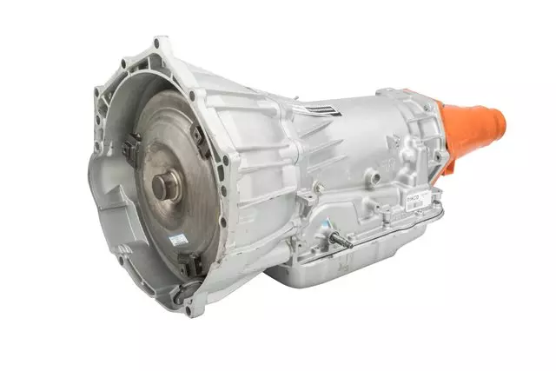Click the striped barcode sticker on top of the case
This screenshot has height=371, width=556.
[309, 109]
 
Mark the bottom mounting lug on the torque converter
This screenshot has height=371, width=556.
[191, 262]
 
